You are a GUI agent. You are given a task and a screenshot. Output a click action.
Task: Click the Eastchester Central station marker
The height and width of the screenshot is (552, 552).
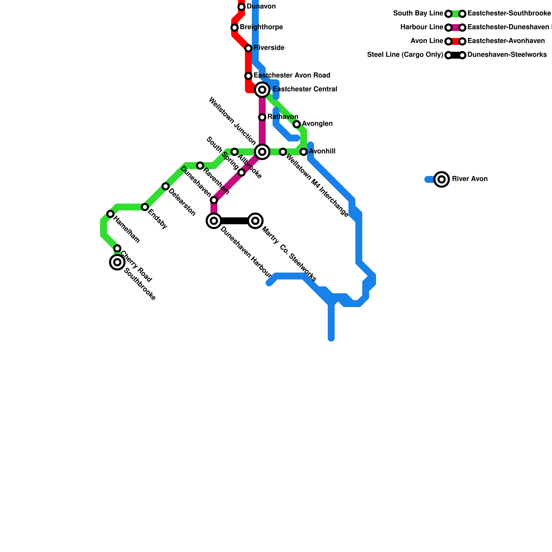262,90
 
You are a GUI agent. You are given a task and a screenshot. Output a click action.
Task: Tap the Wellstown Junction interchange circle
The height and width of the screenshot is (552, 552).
262,152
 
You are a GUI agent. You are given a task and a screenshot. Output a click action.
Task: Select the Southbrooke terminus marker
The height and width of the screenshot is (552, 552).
117,262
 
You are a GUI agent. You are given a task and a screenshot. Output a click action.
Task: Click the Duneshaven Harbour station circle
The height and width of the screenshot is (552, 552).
214,221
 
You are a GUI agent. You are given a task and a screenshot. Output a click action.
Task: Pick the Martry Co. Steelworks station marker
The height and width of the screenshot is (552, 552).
255,221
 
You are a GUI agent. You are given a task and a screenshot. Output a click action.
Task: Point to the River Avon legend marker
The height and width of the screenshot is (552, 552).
442,179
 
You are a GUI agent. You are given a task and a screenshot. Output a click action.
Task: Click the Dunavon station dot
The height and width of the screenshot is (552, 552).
241,7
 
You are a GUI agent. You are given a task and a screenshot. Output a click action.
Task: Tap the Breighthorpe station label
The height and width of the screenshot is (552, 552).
261,27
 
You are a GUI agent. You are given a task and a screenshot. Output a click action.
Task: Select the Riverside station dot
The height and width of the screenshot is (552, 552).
248,48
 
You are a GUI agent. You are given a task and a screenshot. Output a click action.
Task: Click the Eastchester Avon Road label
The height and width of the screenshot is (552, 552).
292,76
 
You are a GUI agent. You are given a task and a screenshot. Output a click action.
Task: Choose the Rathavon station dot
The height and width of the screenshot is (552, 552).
262,117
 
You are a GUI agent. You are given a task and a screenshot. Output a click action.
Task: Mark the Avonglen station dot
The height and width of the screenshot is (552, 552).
297,124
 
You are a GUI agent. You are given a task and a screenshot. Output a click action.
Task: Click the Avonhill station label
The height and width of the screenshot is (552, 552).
322,151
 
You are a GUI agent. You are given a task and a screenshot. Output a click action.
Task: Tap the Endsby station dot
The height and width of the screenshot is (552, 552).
145,207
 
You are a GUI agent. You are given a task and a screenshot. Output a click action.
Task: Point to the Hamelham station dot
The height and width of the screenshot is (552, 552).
110,214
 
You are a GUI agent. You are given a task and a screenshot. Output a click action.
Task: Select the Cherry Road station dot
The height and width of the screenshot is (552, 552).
117,248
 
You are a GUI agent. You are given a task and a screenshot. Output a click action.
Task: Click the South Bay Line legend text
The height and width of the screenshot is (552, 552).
418,14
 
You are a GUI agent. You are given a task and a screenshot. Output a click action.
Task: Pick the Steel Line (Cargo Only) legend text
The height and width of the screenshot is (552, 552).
405,55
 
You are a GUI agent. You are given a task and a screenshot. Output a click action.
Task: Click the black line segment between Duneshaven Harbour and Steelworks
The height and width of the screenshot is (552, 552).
235,221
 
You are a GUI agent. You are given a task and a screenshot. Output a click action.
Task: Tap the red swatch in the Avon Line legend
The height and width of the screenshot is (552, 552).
455,41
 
